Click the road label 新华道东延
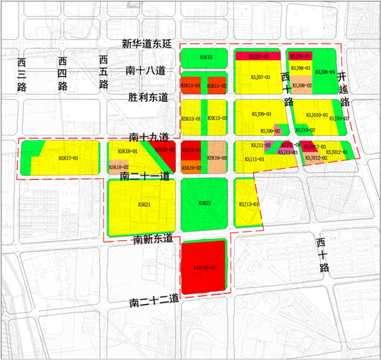point(147,44)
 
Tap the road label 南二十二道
point(155,301)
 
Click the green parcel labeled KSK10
point(206,58)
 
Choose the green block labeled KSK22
point(205,203)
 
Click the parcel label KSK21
point(143,203)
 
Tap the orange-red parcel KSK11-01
point(191,86)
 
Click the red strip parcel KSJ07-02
point(258,57)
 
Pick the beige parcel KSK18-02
point(119,167)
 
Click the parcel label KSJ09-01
point(260,114)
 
